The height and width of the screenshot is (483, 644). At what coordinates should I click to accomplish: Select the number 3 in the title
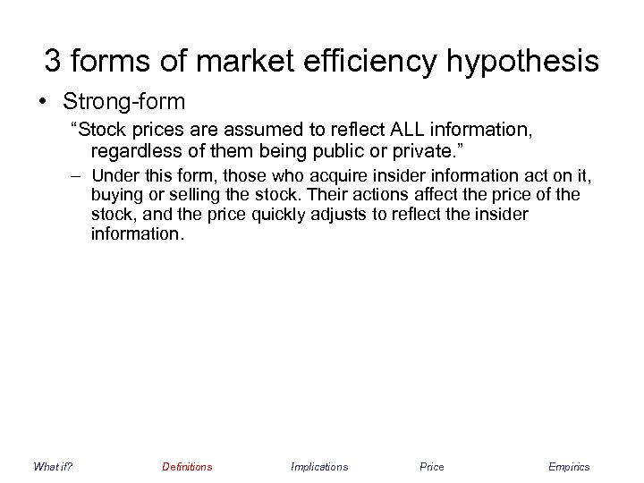(x=54, y=62)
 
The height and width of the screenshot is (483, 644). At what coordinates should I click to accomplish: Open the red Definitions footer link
(x=187, y=466)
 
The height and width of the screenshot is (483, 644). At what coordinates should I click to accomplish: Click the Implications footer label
(x=319, y=466)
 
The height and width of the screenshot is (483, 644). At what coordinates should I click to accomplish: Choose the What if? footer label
(x=52, y=466)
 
